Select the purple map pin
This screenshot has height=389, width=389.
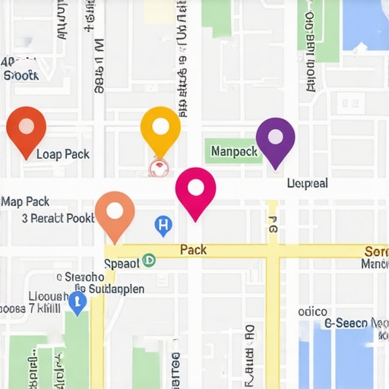click(276, 139)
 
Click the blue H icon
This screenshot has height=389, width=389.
click(163, 224)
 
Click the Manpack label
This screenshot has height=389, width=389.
click(234, 151)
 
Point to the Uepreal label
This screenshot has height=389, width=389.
click(308, 183)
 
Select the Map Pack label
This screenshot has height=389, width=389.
click(25, 201)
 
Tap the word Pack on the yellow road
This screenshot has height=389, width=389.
click(194, 249)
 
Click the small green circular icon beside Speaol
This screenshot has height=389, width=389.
click(149, 260)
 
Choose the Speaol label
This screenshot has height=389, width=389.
click(122, 263)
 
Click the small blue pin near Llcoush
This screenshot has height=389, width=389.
click(77, 302)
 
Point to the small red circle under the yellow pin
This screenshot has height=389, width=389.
click(159, 167)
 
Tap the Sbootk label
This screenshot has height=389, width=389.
click(21, 75)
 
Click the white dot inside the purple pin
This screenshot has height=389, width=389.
click(276, 136)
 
